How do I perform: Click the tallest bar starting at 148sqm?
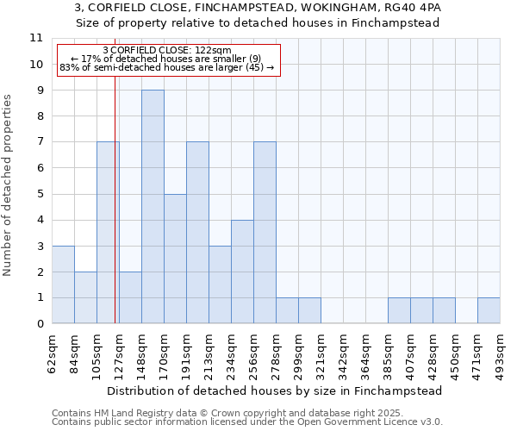(x=153, y=207)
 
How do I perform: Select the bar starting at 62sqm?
(x=63, y=284)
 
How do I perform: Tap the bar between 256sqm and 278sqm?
(x=265, y=233)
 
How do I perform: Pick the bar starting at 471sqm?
(x=489, y=310)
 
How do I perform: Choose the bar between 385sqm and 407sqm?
(x=399, y=310)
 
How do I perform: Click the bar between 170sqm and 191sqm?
(x=175, y=259)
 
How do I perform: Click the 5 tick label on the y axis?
(x=39, y=194)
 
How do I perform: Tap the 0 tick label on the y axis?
(x=39, y=324)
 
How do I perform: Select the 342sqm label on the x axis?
(x=343, y=352)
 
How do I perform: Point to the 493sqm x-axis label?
(x=500, y=352)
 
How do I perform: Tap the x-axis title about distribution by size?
(x=275, y=390)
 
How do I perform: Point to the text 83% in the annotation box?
(x=69, y=67)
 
